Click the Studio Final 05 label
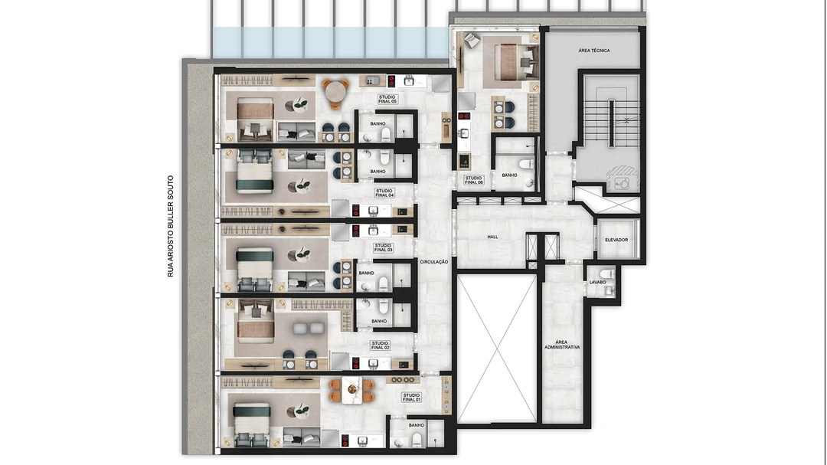coord(387,99)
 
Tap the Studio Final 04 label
coord(384,193)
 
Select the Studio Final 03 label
coord(383,247)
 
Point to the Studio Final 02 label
coord(381,345)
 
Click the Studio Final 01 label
coord(411,397)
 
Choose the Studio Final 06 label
coord(473,180)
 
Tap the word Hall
coord(492,237)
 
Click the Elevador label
coord(616,240)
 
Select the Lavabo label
coord(597,283)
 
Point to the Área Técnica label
coord(594,51)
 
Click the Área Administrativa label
coord(562,345)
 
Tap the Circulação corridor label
coord(434,262)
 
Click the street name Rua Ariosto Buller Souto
coord(170,227)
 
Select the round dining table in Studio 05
coord(335,93)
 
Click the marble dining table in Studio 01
coord(352,391)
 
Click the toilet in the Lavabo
coord(607,274)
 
